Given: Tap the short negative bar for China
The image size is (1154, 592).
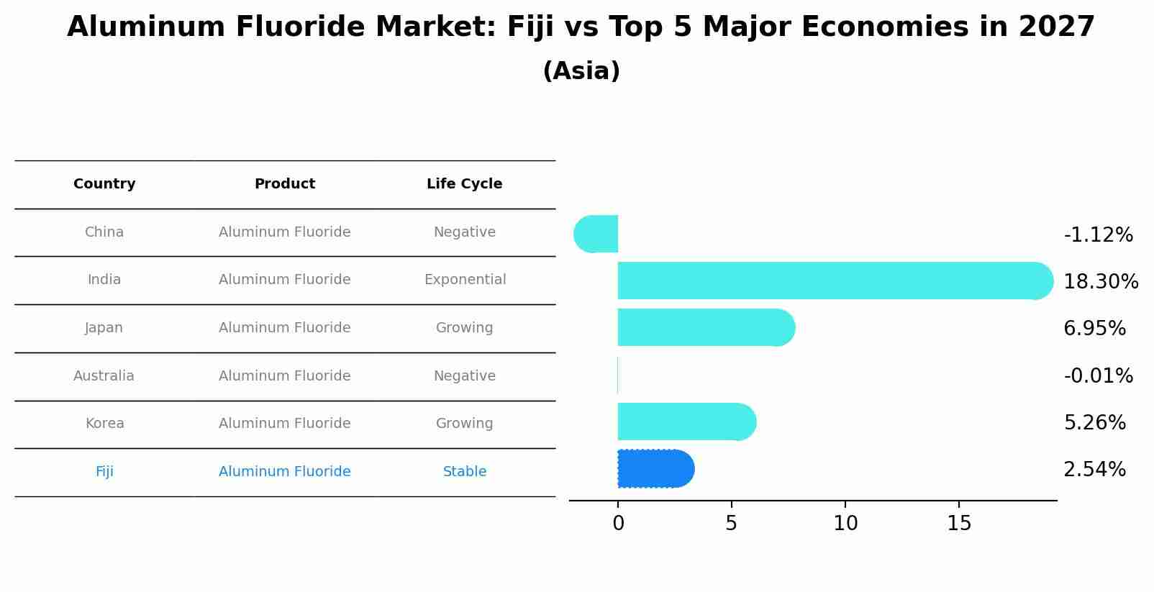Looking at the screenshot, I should point(596,234).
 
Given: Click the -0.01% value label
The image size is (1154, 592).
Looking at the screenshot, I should point(1098,375).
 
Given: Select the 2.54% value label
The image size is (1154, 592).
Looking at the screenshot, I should point(1094,470).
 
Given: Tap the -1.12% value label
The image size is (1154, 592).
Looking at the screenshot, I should point(1098,235).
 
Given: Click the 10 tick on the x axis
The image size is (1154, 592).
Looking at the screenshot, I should point(845,524).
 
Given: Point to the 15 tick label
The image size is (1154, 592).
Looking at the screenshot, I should point(959,524).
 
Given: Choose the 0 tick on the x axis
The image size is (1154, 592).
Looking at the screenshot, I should point(618,524).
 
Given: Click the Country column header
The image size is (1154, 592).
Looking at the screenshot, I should point(104,184).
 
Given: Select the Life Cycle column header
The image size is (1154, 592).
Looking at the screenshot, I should point(464,184).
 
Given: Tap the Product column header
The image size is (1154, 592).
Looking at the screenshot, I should point(285,184).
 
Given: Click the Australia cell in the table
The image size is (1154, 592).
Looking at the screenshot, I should point(104,375).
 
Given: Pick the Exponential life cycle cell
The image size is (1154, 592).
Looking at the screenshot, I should point(465,280).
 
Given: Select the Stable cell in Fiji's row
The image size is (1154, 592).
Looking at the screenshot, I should point(465,472).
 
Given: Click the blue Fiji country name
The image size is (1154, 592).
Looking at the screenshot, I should point(104,472).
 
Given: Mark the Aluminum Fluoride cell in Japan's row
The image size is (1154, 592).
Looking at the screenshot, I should point(285,328).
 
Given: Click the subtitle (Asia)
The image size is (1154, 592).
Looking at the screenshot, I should point(581,71).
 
